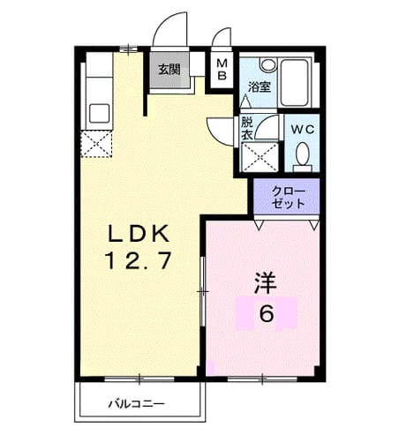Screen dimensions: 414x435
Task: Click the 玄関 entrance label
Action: tap(169, 70)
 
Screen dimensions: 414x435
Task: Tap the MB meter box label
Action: tap(222, 70)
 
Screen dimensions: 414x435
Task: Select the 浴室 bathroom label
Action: tap(260, 86)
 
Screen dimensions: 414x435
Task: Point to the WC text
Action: tap(303, 130)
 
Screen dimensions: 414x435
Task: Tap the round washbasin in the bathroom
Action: tap(267, 64)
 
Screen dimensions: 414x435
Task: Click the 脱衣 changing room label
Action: tap(247, 129)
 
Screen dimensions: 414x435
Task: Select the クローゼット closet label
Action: tap(288, 198)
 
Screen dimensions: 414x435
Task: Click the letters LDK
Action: tap(139, 234)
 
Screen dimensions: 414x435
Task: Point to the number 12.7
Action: tap(139, 261)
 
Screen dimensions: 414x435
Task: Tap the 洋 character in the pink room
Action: tap(266, 283)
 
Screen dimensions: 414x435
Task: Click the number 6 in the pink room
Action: tap(267, 313)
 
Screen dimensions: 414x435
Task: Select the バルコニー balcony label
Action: tap(137, 404)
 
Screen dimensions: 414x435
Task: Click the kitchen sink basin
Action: tap(100, 114)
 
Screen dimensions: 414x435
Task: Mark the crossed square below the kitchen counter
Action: tap(96, 144)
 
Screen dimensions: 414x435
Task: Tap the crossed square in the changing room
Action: tap(260, 157)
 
